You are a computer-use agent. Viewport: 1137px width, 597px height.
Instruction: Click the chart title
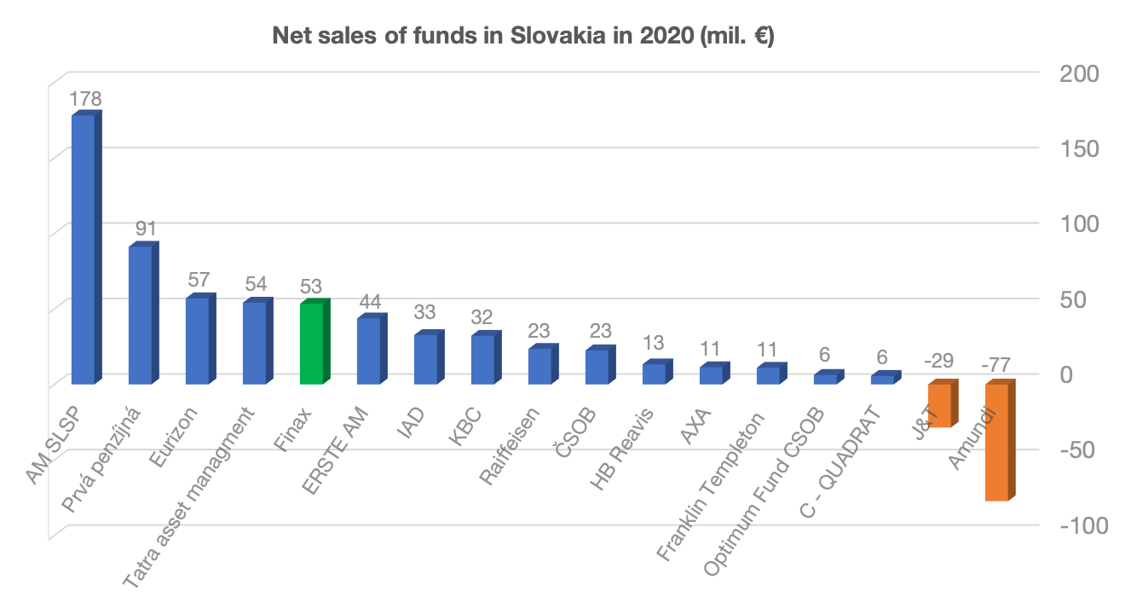point(522,37)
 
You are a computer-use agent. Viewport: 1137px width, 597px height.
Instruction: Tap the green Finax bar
point(312,343)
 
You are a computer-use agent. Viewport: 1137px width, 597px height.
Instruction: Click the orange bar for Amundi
point(997,442)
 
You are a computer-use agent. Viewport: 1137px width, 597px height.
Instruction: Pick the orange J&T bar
point(940,405)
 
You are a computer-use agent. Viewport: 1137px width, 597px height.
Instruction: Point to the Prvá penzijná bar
point(141,315)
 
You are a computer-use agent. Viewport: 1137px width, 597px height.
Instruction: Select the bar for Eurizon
point(198,340)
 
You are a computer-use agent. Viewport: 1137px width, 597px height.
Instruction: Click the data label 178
point(85,99)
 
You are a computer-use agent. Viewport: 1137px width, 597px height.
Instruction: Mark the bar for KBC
point(483,358)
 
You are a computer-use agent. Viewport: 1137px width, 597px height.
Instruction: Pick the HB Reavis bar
point(655,373)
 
